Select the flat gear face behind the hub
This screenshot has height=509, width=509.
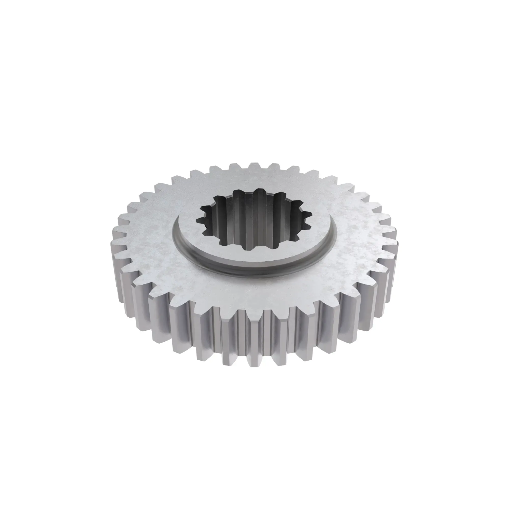click(x=253, y=179)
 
